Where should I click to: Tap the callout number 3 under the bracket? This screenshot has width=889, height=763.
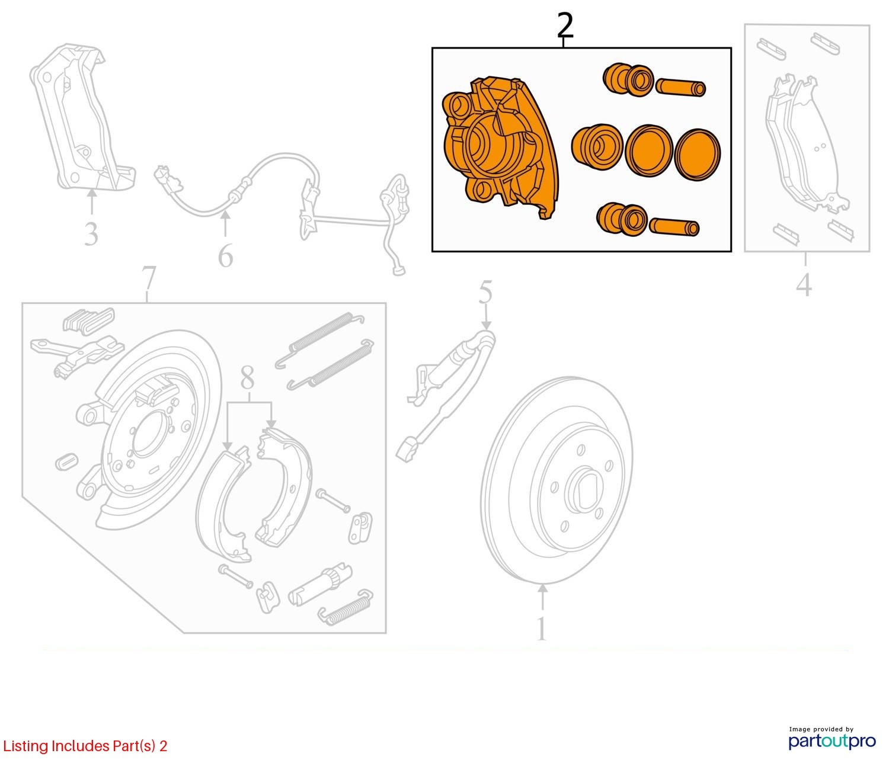coord(91,234)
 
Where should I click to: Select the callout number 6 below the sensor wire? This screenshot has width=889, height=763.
coord(225,256)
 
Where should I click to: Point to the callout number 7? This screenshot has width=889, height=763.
coord(149,279)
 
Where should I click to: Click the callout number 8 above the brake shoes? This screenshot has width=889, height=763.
coord(248,378)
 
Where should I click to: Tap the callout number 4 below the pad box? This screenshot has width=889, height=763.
coord(804,286)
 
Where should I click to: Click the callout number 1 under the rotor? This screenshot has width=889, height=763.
coord(541,630)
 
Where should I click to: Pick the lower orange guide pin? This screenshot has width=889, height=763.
coord(674,227)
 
